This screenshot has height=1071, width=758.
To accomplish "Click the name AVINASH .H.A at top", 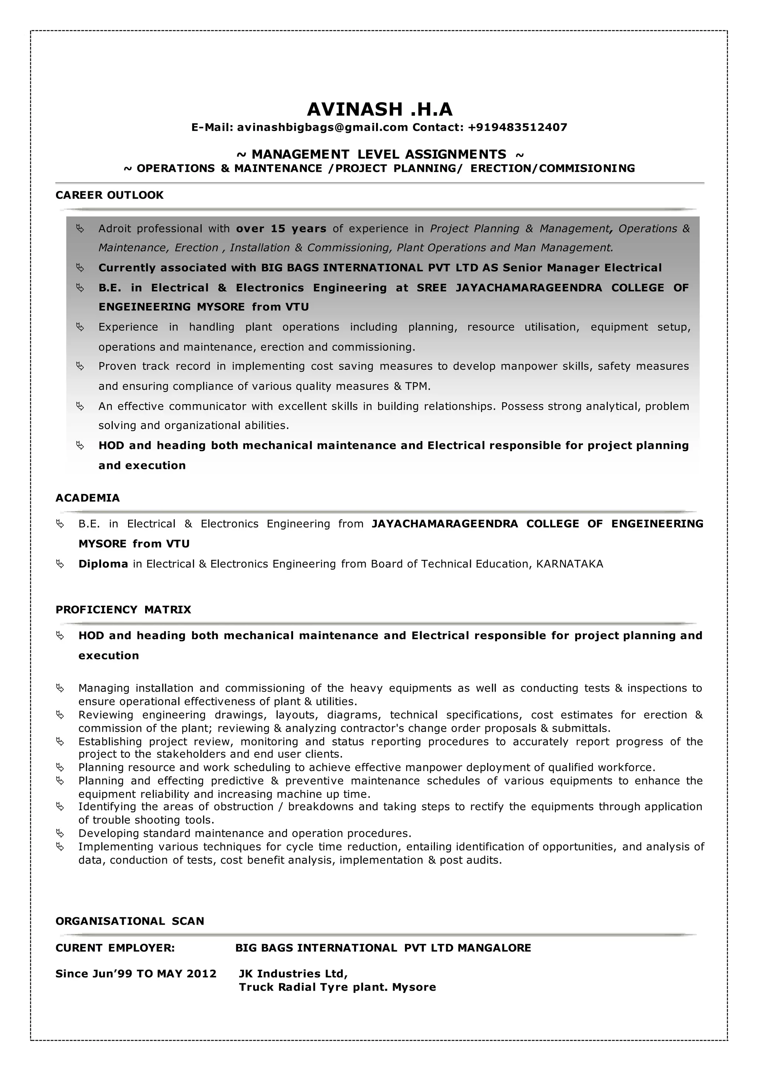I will point(379,109).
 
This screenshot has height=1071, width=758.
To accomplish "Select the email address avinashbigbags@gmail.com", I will point(322,127).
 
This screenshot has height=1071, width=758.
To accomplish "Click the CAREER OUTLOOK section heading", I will point(110,195).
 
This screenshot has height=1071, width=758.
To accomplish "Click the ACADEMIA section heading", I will point(88,498).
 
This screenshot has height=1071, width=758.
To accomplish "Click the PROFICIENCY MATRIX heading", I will point(123,610).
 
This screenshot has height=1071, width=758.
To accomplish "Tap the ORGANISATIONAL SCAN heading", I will point(130,921).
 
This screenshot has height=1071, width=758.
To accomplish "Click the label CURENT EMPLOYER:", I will point(115,947).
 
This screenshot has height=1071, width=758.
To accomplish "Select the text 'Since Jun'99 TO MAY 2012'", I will point(136,973).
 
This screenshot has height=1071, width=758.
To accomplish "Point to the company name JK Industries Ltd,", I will point(293,973).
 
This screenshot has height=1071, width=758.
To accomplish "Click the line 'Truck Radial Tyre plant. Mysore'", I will point(337,987).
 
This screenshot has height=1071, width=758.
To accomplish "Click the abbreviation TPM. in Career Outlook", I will point(418,386).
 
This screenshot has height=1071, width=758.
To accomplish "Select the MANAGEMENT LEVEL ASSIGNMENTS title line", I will point(379,154).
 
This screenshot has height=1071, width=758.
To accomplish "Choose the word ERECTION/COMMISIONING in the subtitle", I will point(553,168).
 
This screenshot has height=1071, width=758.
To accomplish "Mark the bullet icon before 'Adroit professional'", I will point(80,229).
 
